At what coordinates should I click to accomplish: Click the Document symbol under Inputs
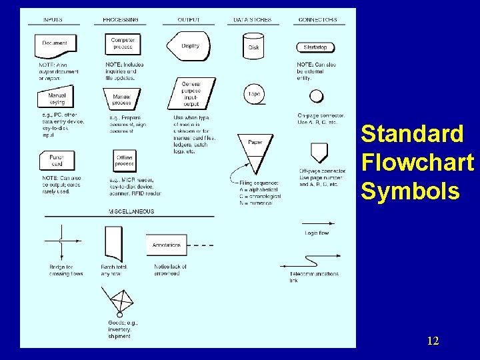55,45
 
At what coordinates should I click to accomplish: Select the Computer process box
123,44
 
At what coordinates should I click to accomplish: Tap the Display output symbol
189,46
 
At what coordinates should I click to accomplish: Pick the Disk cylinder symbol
253,45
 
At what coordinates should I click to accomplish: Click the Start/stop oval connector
315,47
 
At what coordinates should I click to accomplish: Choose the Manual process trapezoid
122,99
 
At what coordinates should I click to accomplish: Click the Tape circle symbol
254,94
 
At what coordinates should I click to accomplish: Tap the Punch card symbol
57,161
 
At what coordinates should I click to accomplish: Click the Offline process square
124,161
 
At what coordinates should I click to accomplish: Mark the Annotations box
167,245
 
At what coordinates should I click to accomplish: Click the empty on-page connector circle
317,95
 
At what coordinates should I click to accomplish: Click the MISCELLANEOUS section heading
131,211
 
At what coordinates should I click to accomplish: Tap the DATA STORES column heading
253,20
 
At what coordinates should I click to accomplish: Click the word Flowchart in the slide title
417,162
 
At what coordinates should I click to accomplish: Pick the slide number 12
433,341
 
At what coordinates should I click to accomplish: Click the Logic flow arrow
316,224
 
